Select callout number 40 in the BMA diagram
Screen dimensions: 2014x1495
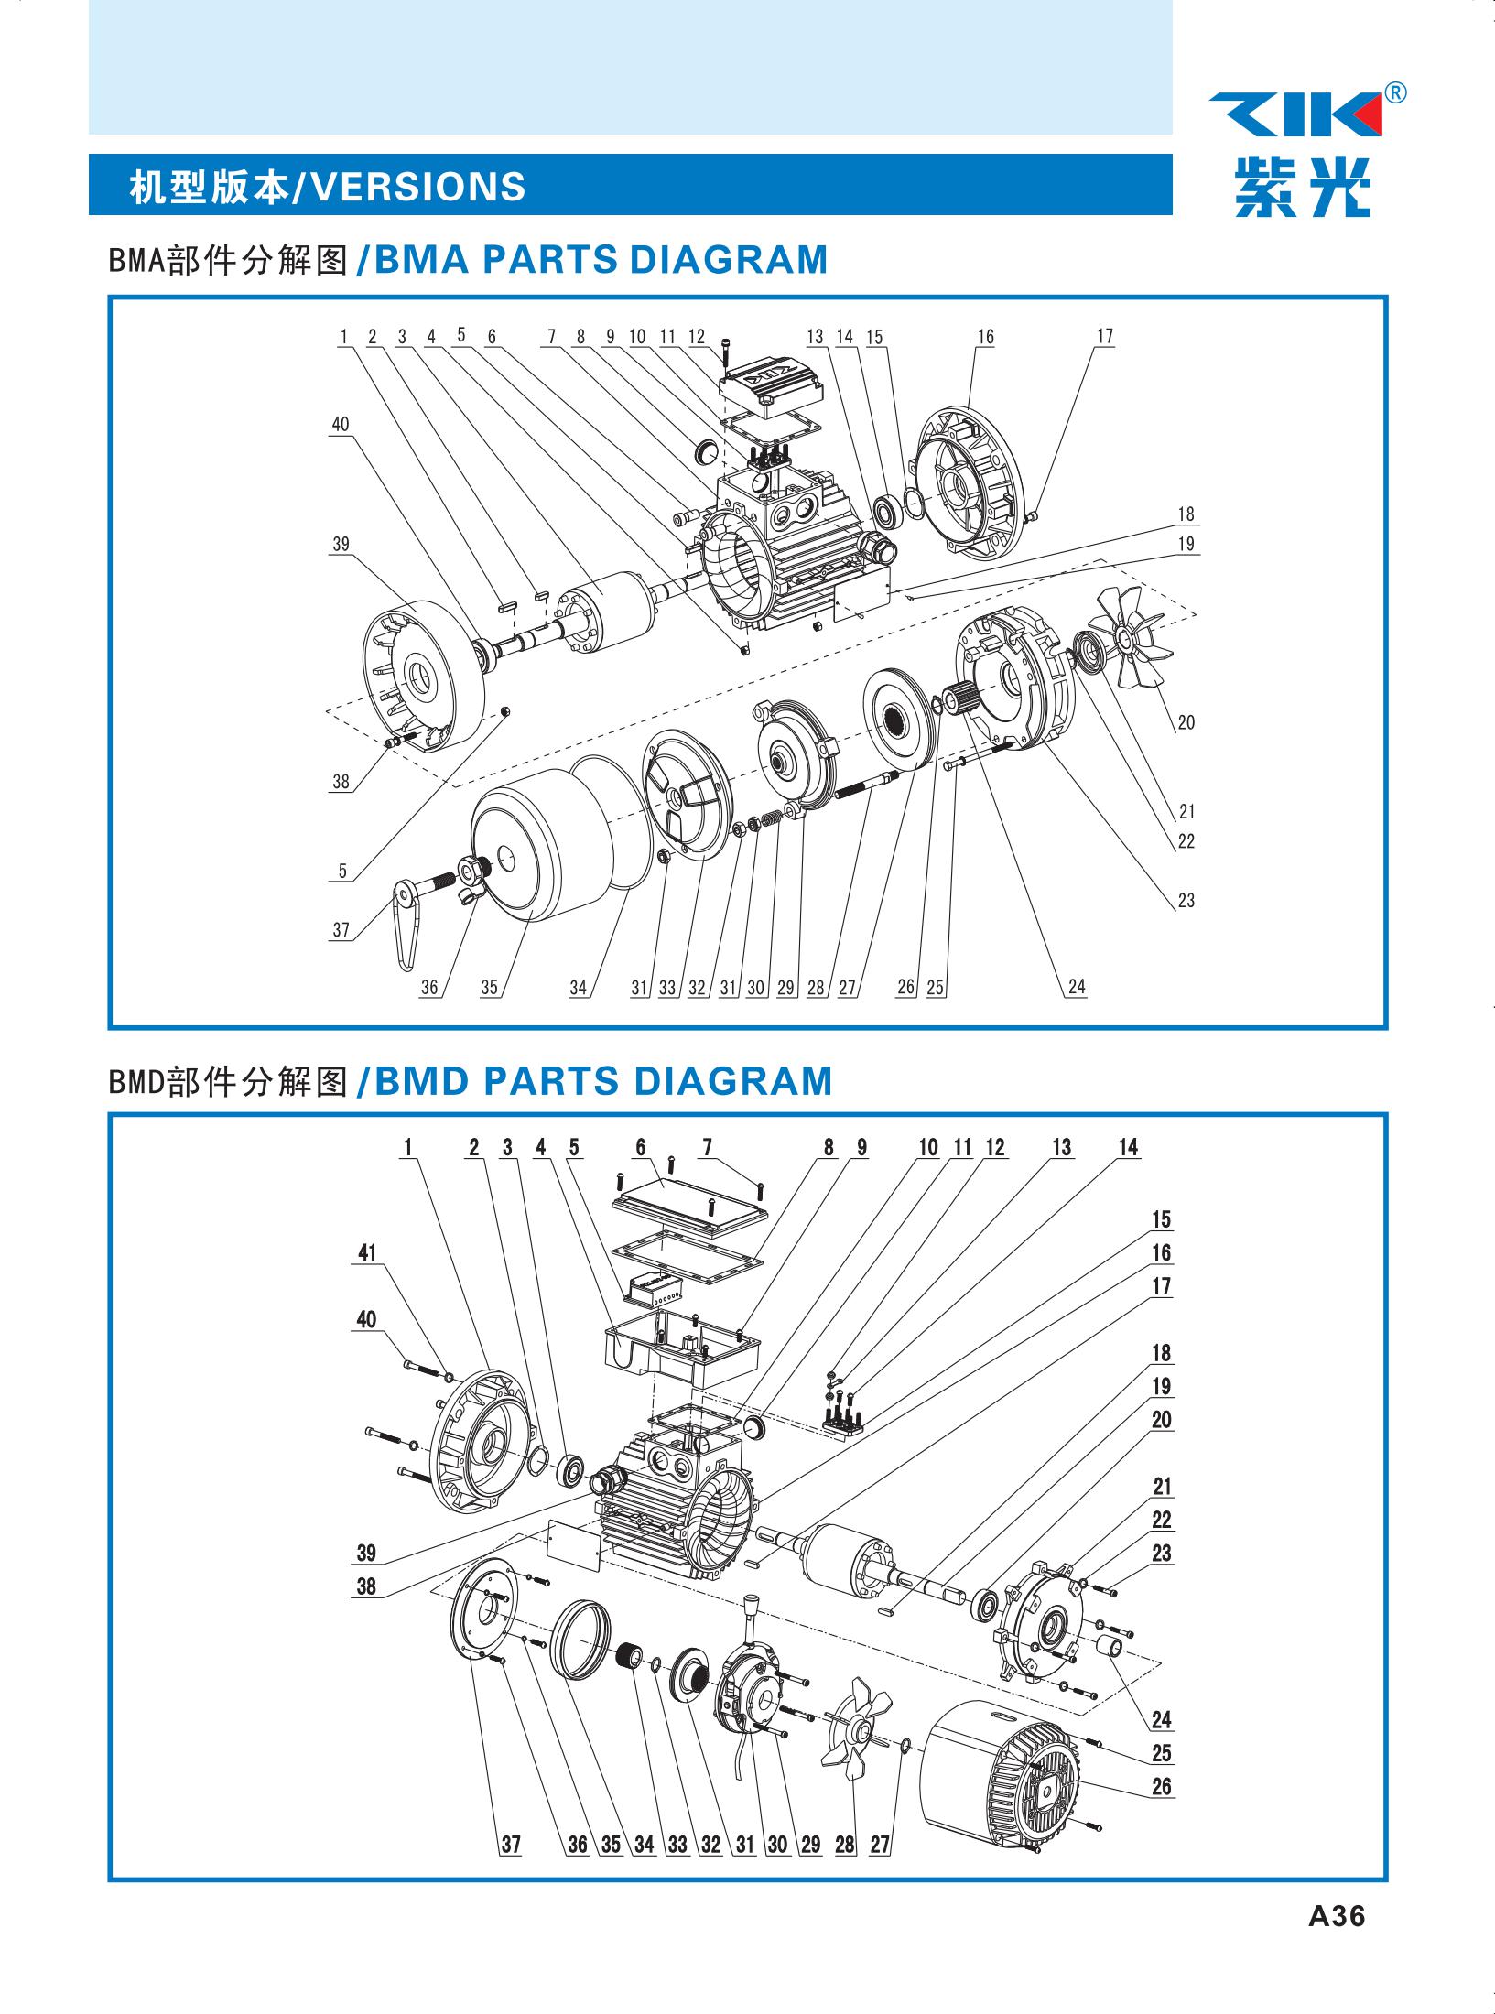[340, 425]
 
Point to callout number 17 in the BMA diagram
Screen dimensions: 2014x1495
[1105, 336]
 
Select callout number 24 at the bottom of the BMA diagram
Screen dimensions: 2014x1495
[1077, 986]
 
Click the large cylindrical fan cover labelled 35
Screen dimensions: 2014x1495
[540, 851]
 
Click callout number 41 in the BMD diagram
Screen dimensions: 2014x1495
[367, 1252]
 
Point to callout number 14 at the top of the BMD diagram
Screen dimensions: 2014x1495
[1128, 1147]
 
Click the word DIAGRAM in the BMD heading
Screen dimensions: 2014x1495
[731, 1080]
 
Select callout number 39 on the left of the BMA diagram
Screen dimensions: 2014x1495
[341, 544]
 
